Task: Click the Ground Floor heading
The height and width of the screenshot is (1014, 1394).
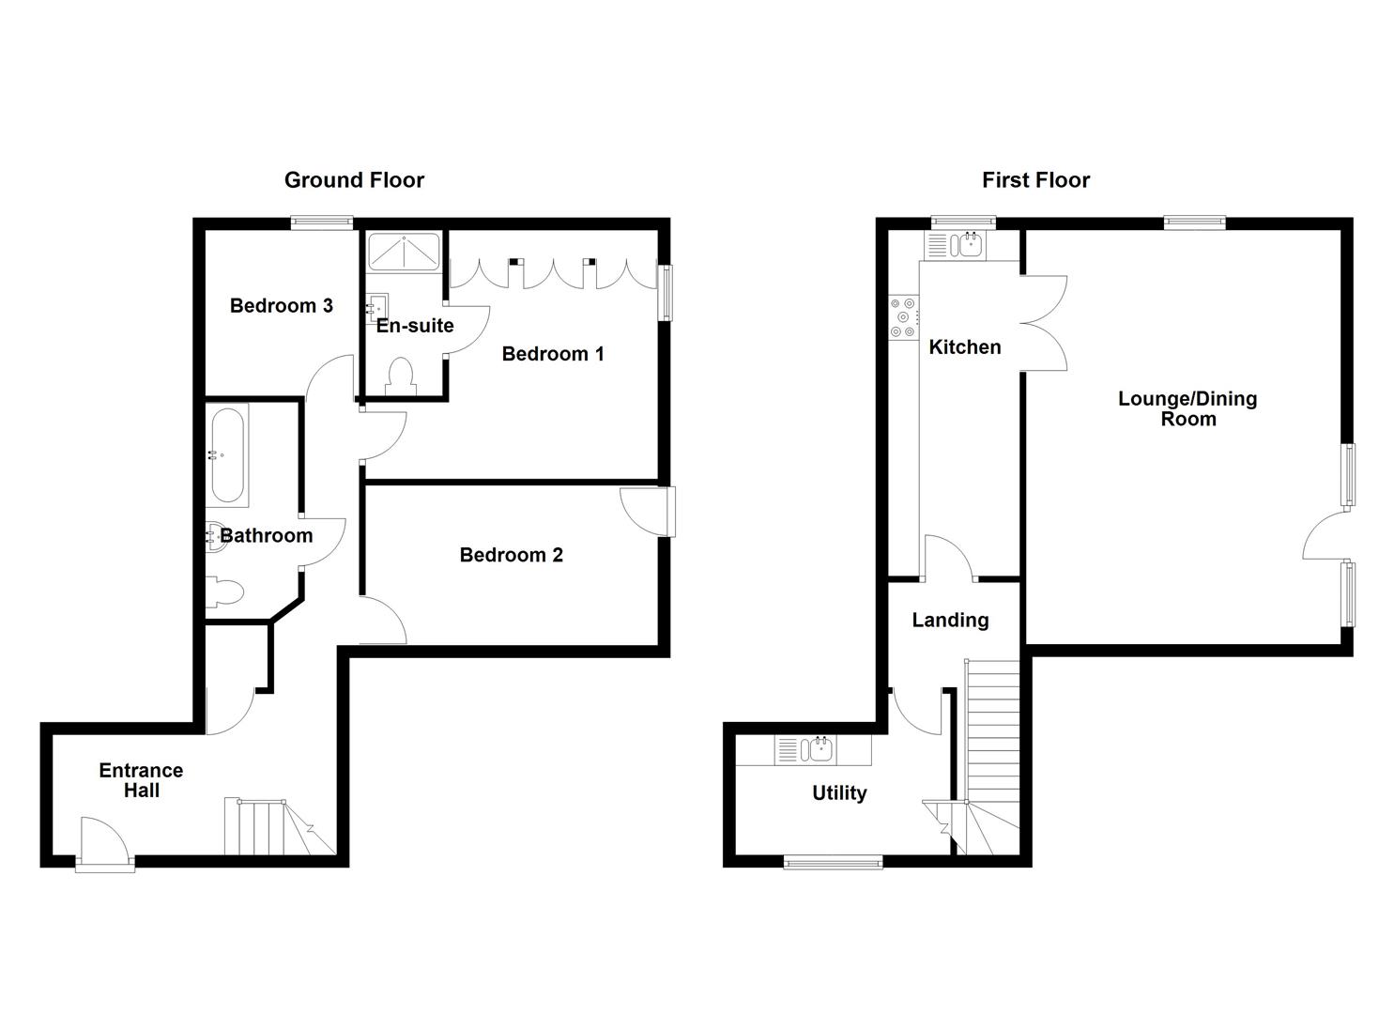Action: pyautogui.click(x=354, y=179)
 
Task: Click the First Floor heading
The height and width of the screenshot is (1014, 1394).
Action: pyautogui.click(x=1035, y=179)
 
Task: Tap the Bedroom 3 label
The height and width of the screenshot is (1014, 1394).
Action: pyautogui.click(x=281, y=305)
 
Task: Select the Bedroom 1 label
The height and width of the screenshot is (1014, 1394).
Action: pyautogui.click(x=553, y=354)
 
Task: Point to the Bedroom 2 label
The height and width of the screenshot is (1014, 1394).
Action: pyautogui.click(x=511, y=555)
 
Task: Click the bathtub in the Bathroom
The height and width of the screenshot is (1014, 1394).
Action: pyautogui.click(x=229, y=455)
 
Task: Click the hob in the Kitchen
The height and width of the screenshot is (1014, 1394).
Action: pyautogui.click(x=904, y=317)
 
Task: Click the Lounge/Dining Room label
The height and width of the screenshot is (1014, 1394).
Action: pyautogui.click(x=1187, y=408)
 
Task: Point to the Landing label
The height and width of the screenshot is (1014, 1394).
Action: pyautogui.click(x=950, y=620)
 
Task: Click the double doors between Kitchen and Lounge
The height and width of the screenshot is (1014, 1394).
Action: pyautogui.click(x=1044, y=323)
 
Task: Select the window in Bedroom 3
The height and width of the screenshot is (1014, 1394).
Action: pyautogui.click(x=321, y=223)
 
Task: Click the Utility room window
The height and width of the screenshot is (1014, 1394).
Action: pyautogui.click(x=833, y=861)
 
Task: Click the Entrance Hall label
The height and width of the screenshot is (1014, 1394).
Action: pyautogui.click(x=141, y=780)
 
